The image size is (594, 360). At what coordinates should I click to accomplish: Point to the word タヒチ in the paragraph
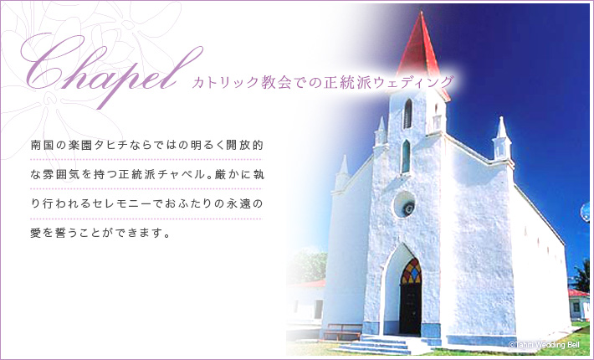pyautogui.click(x=110, y=145)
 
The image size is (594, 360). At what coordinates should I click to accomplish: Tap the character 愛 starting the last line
pyautogui.click(x=36, y=233)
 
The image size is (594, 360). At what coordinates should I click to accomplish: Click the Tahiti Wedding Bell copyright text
pyautogui.click(x=544, y=345)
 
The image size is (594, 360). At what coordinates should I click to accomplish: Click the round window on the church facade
pyautogui.click(x=404, y=204)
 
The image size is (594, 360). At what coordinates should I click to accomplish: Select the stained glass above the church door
pyautogui.click(x=411, y=271)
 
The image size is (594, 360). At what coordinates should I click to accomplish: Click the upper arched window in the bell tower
pyautogui.click(x=407, y=114)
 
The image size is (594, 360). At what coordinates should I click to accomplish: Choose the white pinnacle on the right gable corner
pyautogui.click(x=502, y=138)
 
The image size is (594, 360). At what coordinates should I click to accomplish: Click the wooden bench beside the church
pyautogui.click(x=343, y=332)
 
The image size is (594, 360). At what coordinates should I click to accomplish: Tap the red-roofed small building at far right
pyautogui.click(x=579, y=304)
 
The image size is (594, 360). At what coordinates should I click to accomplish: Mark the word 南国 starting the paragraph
pyautogui.click(x=42, y=145)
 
